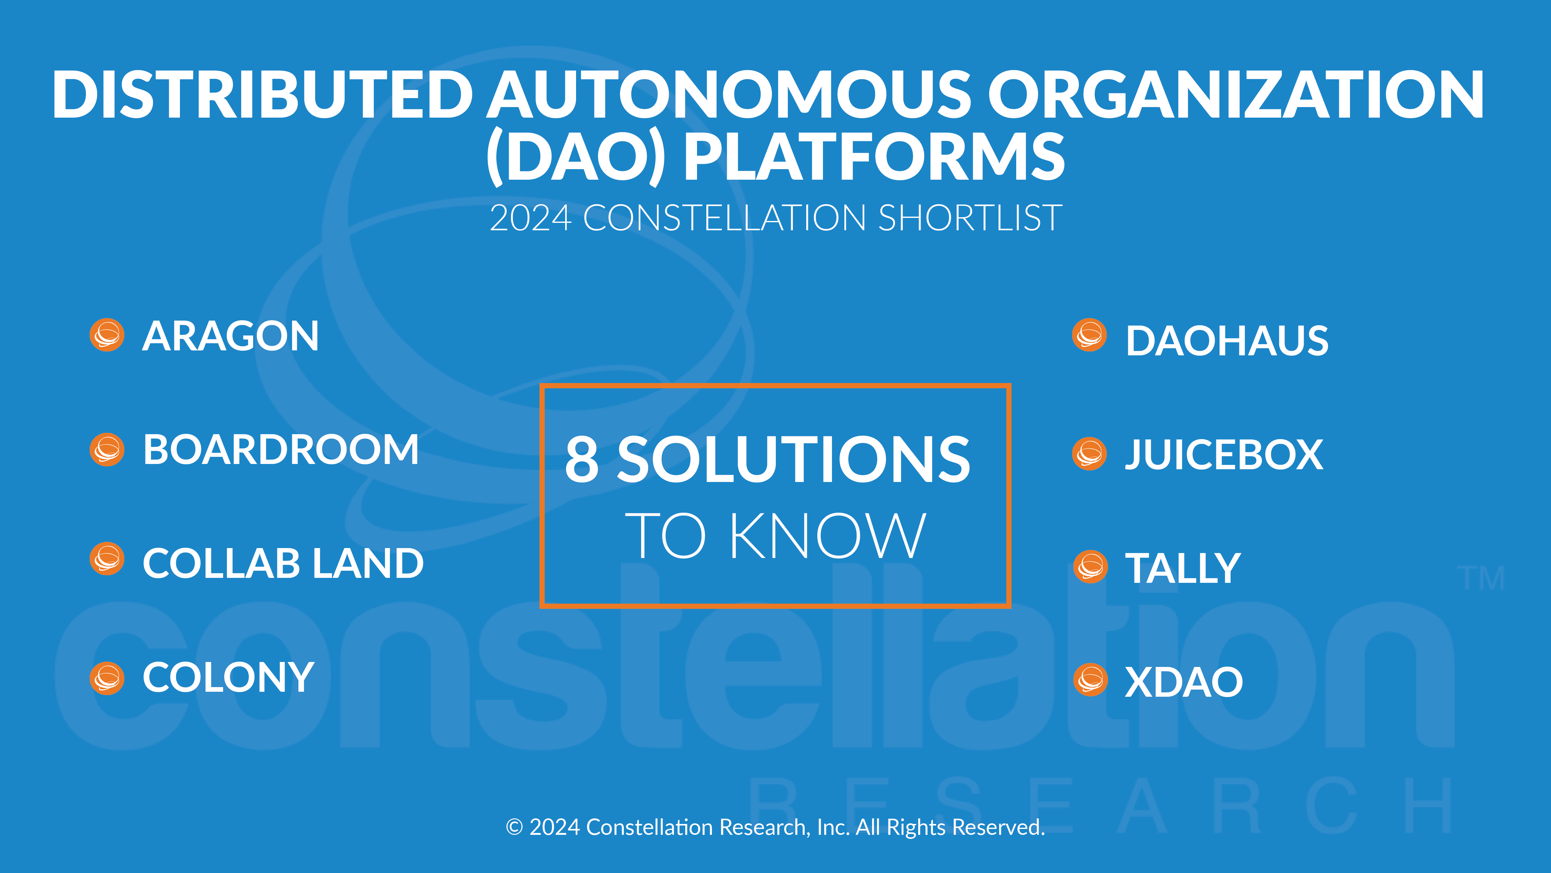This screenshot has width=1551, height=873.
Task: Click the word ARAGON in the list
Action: click(230, 336)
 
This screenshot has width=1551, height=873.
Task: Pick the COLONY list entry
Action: click(228, 677)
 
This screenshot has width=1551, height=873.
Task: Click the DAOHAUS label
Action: click(1227, 341)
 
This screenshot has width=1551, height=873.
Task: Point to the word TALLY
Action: click(1182, 568)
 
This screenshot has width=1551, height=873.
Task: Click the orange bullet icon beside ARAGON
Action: click(107, 335)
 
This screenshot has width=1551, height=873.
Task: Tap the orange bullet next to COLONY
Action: click(107, 678)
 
